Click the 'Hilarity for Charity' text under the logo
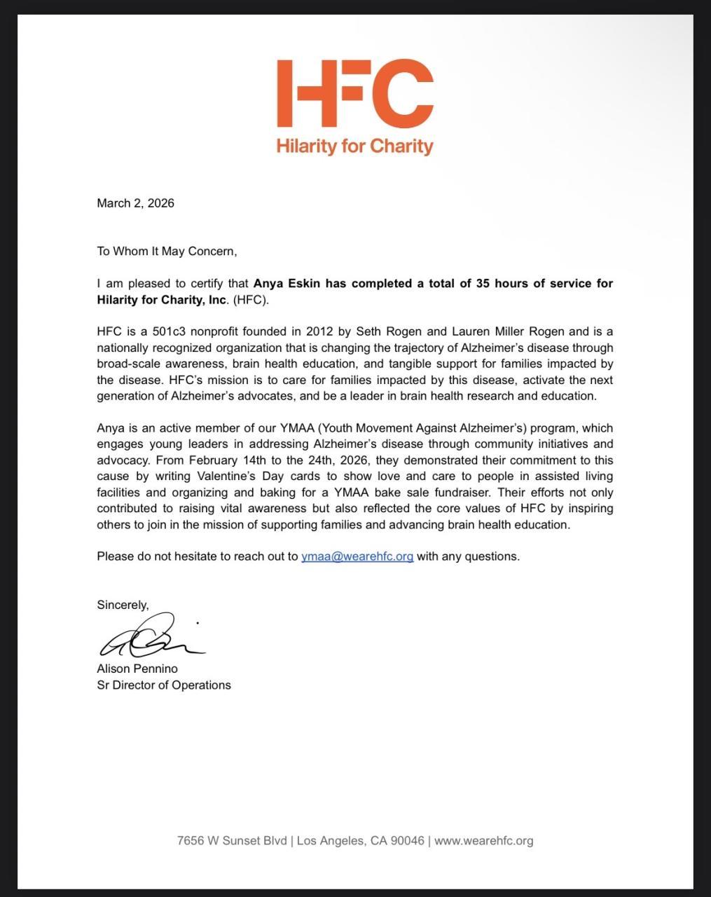(355, 146)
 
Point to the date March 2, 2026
(135, 203)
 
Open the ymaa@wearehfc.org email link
(357, 556)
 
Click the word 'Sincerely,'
(123, 605)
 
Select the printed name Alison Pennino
(137, 669)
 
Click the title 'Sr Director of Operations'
(164, 685)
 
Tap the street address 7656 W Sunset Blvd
(232, 840)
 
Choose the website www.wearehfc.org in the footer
(483, 840)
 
